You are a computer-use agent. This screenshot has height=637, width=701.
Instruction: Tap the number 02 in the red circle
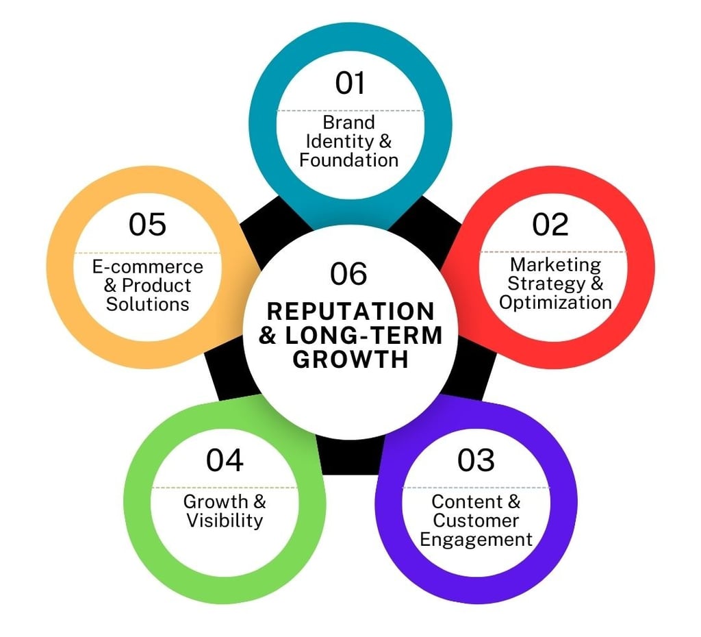550,225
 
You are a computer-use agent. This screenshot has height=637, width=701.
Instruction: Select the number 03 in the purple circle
476,460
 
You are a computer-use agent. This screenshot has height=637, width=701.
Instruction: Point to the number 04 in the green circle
225,460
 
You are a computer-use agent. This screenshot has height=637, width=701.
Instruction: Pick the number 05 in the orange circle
147,225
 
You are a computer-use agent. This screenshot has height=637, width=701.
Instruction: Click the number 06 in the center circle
349,274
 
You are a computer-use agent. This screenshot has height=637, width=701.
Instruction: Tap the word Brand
349,123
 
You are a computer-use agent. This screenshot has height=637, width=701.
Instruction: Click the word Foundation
349,160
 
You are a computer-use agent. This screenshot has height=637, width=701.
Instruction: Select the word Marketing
555,264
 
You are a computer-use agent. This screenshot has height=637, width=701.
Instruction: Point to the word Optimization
555,302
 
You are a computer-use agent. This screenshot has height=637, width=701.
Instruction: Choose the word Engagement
476,539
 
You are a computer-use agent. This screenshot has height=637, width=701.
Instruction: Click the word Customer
476,521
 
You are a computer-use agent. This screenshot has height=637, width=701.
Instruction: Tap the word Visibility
225,521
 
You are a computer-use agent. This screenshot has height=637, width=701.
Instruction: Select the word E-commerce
148,266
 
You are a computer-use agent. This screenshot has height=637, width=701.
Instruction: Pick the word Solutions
147,303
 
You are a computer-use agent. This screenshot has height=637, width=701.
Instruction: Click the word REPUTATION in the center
350,312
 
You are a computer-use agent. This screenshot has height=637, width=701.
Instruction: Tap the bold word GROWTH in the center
350,360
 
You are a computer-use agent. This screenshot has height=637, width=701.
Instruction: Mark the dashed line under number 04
225,488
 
